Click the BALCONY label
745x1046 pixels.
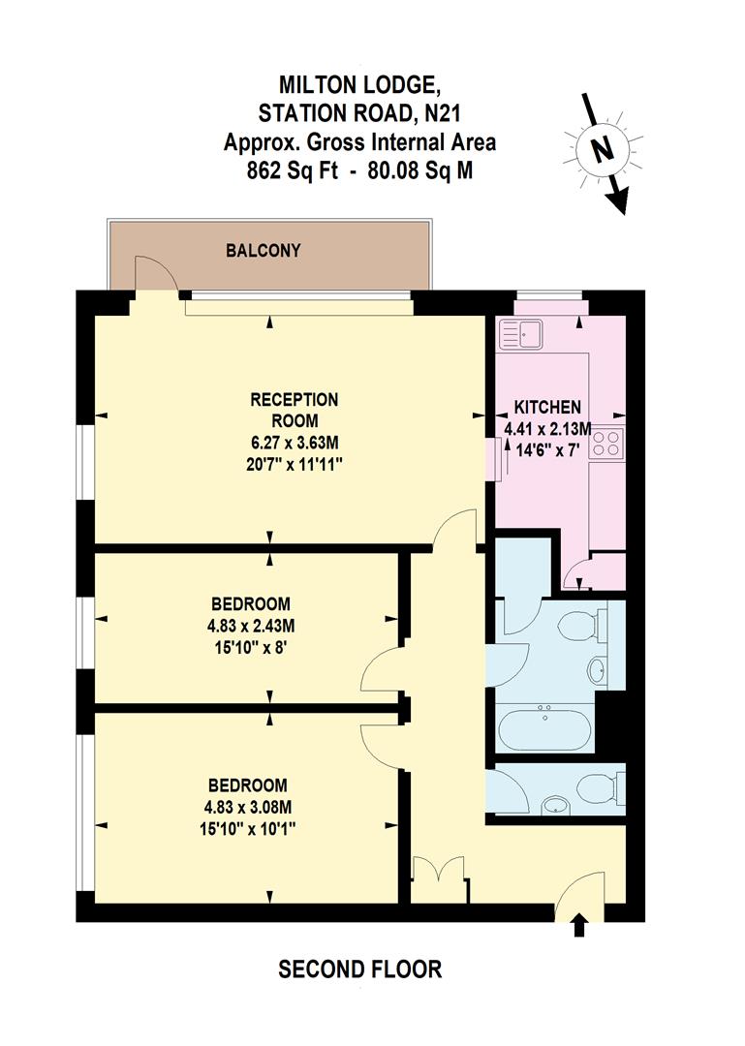(263, 251)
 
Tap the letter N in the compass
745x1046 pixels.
(602, 150)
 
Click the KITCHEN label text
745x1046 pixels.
(547, 407)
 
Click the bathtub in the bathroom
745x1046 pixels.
(544, 729)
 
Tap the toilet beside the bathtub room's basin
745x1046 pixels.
(584, 625)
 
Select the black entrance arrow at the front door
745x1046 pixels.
(579, 926)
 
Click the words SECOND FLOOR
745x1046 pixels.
(359, 969)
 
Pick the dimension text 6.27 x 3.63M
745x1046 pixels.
(294, 443)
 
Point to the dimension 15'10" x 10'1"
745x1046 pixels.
(247, 828)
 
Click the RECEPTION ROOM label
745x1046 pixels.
(294, 410)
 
